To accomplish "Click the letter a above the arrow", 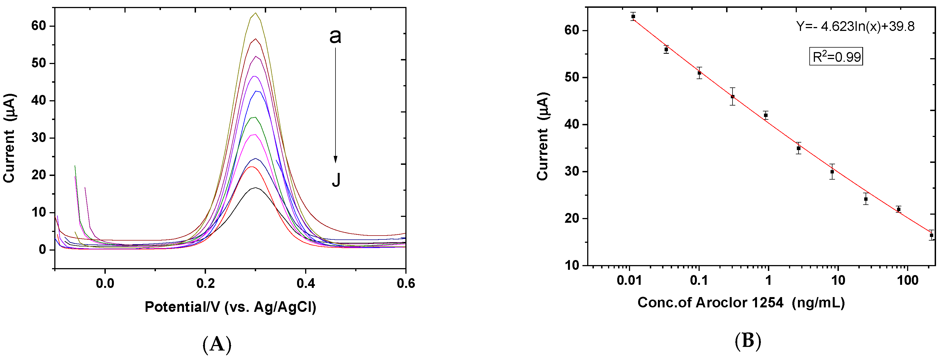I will (335, 36).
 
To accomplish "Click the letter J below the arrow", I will (336, 180).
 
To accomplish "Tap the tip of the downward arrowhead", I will (335, 163).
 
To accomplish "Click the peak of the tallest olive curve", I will (256, 13).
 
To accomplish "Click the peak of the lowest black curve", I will (255, 188).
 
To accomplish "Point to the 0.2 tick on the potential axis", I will (205, 268).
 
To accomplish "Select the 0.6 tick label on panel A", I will (406, 283).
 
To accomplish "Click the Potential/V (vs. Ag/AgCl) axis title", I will (230, 307).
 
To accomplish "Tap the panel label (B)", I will (748, 341).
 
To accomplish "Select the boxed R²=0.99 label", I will (836, 57).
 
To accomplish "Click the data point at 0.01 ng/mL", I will (633, 16).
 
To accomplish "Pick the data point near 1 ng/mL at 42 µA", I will (765, 115).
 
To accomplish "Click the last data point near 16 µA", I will (931, 236).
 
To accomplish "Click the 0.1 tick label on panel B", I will (699, 281).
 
